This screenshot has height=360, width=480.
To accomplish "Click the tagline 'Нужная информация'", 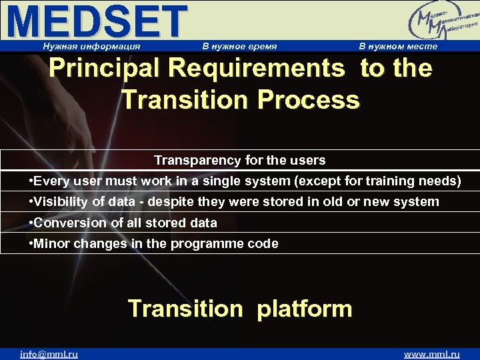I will click(91, 46).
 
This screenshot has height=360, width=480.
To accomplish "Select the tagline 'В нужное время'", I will click(239, 46).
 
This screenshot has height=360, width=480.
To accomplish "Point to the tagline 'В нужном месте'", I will click(398, 46).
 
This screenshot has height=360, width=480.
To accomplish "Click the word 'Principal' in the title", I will click(107, 68).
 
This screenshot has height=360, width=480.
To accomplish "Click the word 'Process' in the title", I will click(308, 100).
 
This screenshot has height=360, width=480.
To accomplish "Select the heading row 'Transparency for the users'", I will click(240, 160).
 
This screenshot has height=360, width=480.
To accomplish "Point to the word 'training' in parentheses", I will click(393, 181).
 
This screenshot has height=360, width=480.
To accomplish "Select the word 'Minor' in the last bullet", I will click(51, 243).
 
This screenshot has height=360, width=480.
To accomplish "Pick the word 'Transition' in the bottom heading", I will click(185, 309).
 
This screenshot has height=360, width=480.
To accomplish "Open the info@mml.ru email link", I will click(49, 354).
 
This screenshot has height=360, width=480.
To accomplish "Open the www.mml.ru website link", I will click(432, 354).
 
